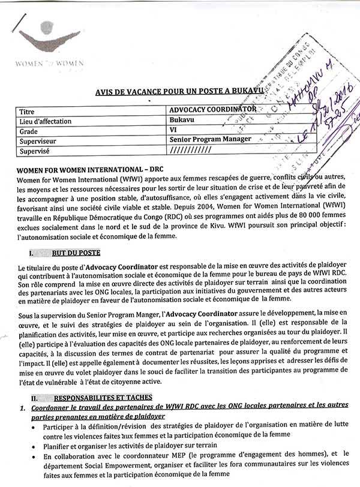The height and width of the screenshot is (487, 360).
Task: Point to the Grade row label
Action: click(30, 131)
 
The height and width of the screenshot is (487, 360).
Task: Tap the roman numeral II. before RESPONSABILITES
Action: click(34, 397)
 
